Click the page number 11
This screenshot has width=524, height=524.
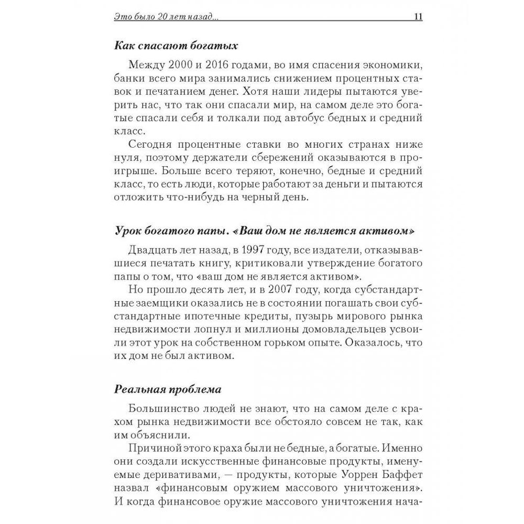(418, 16)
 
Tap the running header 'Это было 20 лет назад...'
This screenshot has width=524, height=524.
(166, 17)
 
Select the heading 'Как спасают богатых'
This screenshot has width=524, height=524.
(176, 46)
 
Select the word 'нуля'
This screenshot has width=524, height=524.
(126, 158)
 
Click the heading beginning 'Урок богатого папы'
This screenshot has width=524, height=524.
(260, 232)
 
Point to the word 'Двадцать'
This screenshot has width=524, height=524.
(151, 249)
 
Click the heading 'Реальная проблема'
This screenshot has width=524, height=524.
(168, 389)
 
